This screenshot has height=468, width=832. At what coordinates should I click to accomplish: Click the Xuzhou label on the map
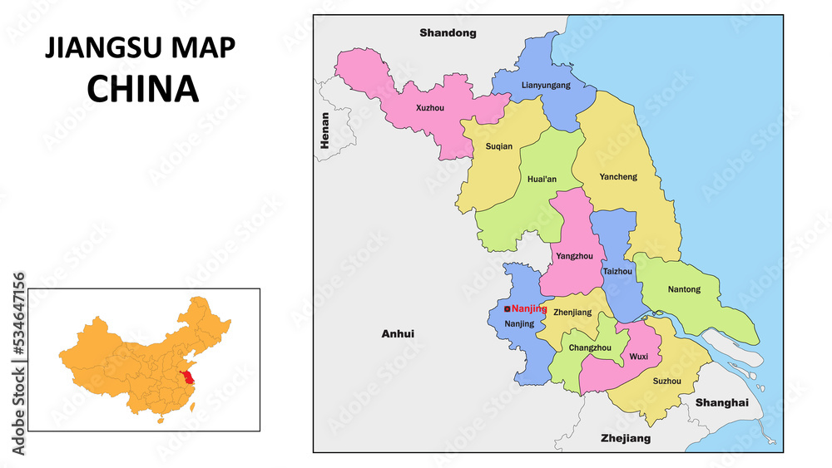click(x=430, y=108)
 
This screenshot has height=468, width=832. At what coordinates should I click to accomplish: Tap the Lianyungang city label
click(x=546, y=86)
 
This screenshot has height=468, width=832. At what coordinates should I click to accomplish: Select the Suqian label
click(x=498, y=146)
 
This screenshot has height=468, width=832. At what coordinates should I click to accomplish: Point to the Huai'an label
click(x=542, y=179)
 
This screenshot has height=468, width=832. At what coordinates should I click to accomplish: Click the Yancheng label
click(x=618, y=176)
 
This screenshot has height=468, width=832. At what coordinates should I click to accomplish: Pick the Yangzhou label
click(x=574, y=257)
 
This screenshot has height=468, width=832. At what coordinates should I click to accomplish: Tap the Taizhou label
click(x=617, y=271)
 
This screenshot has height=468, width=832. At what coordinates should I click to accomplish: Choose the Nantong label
click(x=684, y=289)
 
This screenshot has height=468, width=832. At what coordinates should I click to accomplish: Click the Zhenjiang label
click(x=572, y=313)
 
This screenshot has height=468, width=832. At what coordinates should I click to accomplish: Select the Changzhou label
click(x=590, y=347)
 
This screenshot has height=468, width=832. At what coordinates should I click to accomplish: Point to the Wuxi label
click(x=639, y=357)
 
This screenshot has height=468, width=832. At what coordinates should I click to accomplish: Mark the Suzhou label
click(x=667, y=382)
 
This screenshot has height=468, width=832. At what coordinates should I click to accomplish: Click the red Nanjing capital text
click(x=529, y=308)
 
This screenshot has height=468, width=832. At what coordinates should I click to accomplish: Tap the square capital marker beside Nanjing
click(x=508, y=309)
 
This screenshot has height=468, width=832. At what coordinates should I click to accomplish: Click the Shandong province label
click(x=448, y=33)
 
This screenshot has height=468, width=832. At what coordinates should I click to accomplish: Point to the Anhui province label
click(x=398, y=334)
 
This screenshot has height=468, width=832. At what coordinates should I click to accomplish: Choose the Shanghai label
click(x=721, y=402)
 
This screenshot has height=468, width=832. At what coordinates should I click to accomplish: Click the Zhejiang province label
click(x=626, y=438)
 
